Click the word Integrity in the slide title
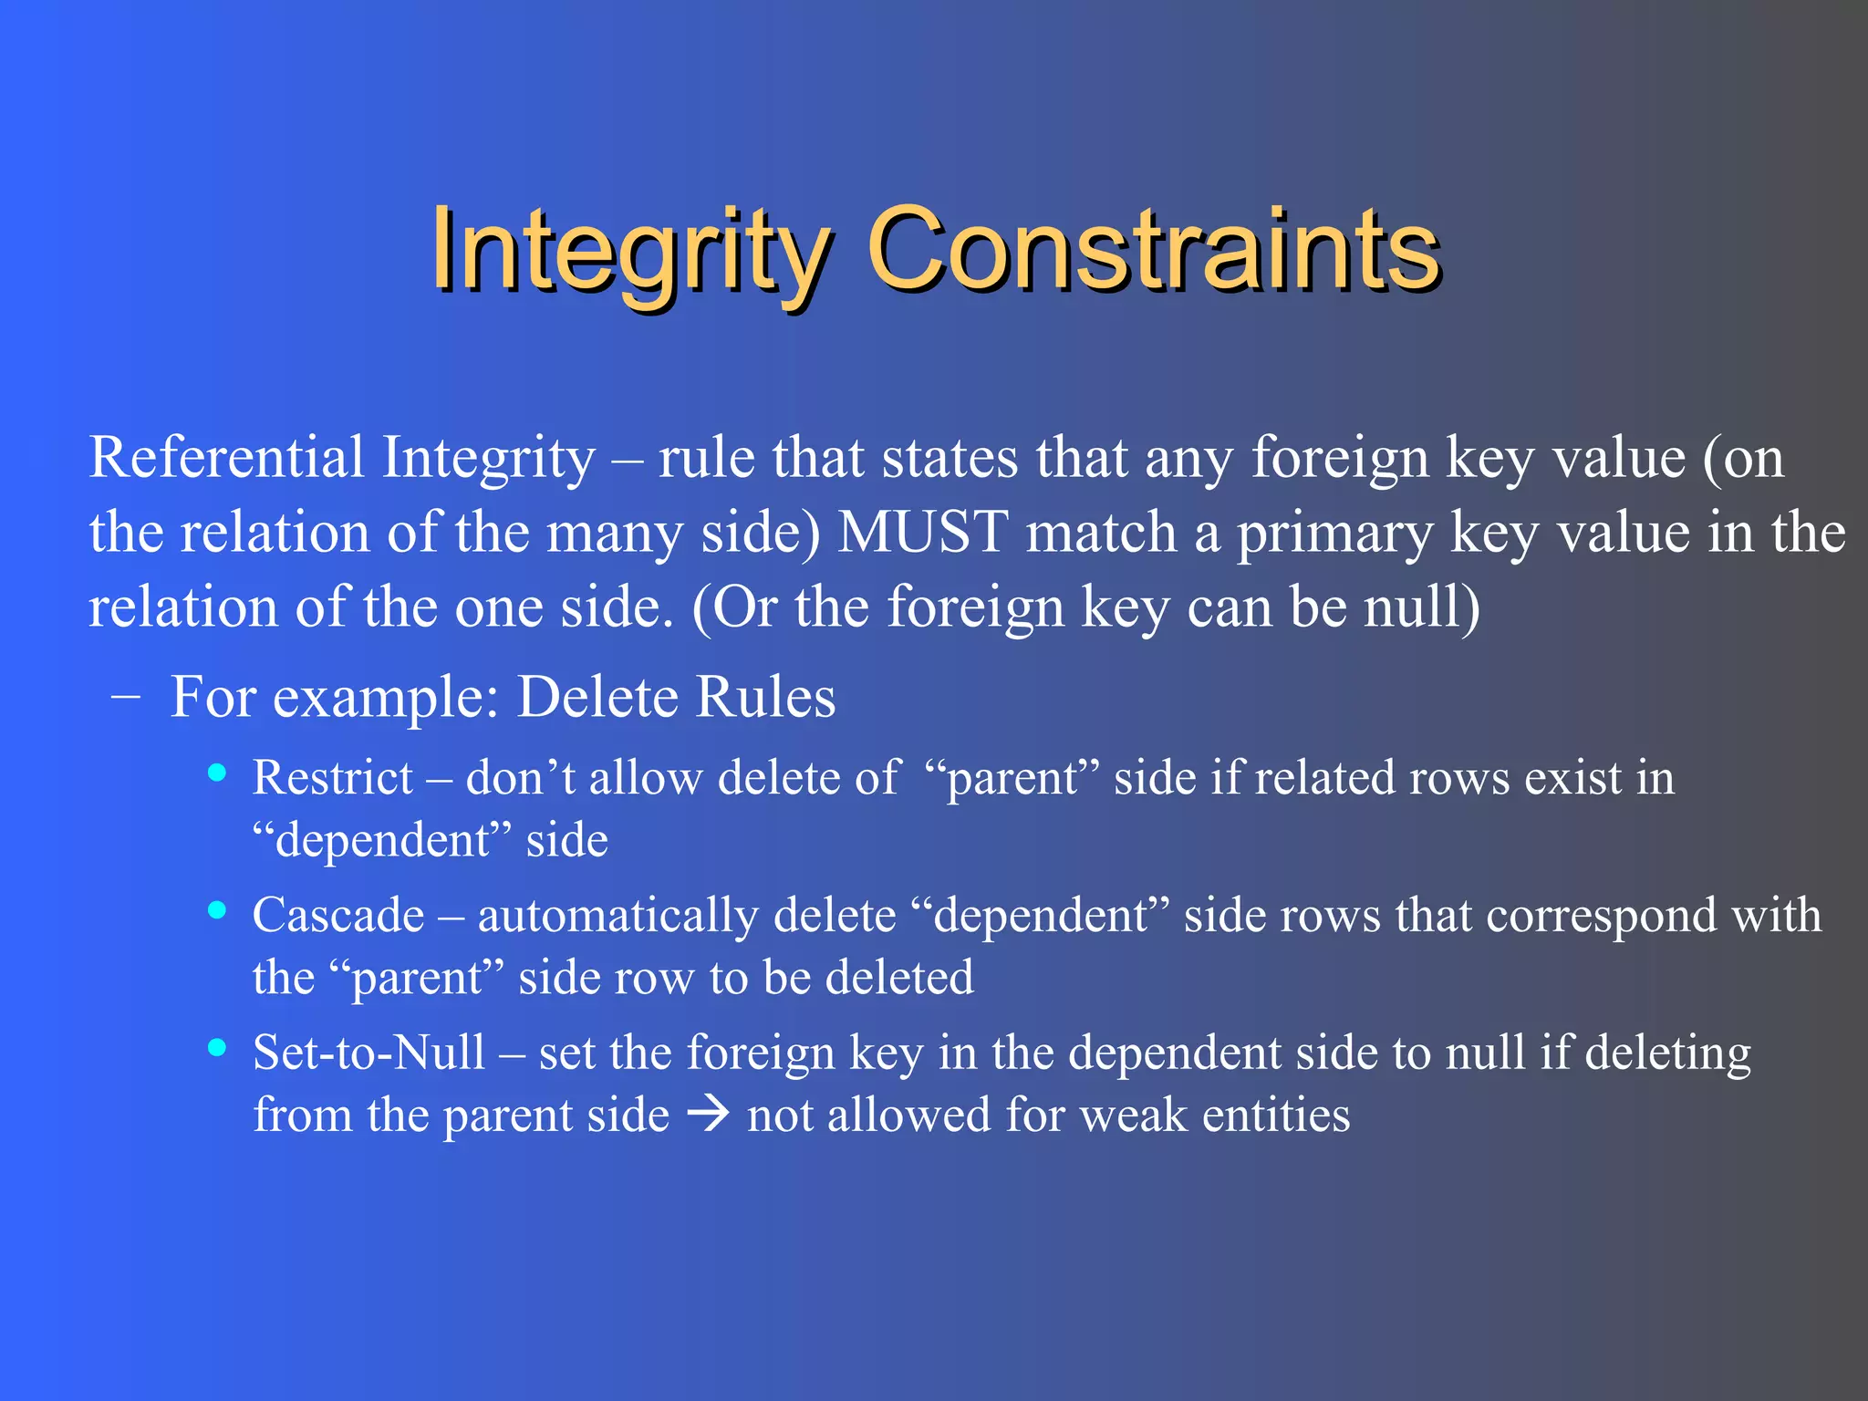click(629, 251)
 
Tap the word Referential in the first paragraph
click(226, 457)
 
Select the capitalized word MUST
click(923, 533)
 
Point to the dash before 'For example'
click(125, 695)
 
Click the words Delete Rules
click(676, 697)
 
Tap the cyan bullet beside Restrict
click(217, 773)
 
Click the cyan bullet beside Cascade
click(217, 910)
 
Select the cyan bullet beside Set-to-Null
click(217, 1048)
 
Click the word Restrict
click(333, 778)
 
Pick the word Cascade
click(338, 915)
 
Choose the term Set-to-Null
click(369, 1053)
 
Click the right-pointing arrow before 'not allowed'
click(708, 1115)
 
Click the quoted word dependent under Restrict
click(382, 840)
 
